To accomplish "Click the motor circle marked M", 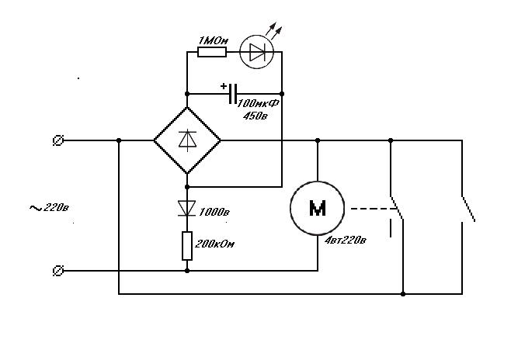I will tap(318, 208).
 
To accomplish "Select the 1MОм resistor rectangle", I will tap(212, 53).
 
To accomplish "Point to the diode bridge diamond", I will tap(187, 140).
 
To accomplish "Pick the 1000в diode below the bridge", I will tap(187, 207).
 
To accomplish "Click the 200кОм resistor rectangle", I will tap(187, 245).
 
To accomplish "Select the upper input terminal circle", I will tap(57, 140).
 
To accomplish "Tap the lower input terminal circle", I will tap(57, 271).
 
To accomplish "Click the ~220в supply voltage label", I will tap(49, 207).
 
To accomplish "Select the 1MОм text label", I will tap(211, 40).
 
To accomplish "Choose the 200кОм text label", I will tap(214, 244).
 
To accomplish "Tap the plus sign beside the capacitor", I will tap(224, 86).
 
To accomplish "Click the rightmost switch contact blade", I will tap(468, 209).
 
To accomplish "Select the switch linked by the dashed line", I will tap(398, 207).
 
